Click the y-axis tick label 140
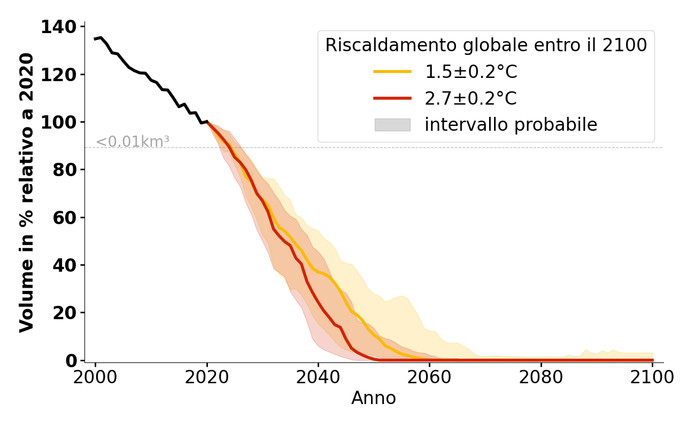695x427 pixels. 59,27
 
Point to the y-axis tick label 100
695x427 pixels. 59,122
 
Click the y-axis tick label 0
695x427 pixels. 72,361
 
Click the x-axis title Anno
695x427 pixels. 374,398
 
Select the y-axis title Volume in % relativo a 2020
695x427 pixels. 27,193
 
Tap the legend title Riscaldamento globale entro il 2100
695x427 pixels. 486,45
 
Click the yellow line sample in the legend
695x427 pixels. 392,72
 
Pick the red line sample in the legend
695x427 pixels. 392,98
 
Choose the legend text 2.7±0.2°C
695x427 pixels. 471,98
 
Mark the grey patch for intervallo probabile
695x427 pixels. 392,124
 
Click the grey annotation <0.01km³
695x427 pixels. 133,142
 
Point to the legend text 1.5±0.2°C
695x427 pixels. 471,72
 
